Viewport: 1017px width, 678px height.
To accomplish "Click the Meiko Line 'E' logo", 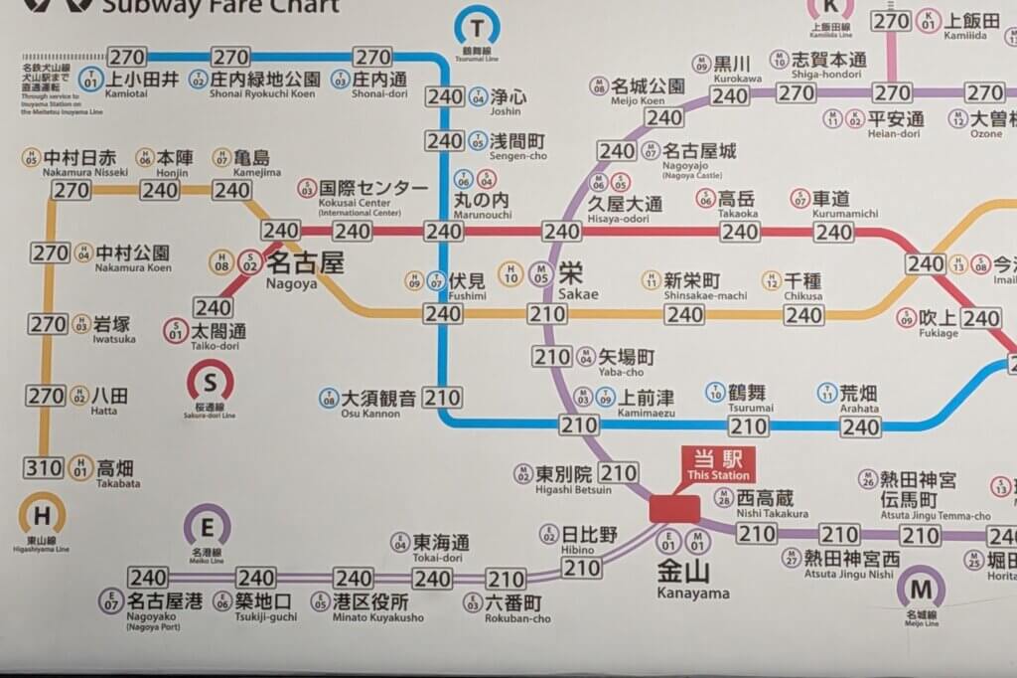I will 207,525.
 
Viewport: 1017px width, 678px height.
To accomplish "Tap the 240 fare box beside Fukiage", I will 981,318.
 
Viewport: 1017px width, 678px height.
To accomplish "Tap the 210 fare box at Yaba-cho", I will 552,356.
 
